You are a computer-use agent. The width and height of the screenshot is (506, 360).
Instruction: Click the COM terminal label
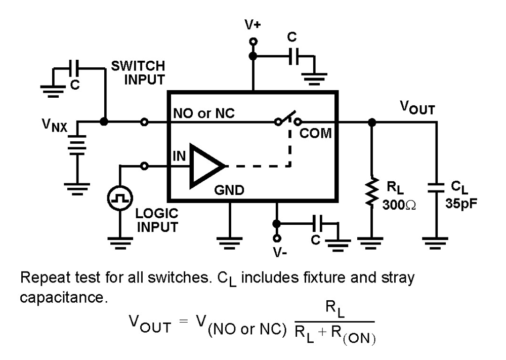pos(315,134)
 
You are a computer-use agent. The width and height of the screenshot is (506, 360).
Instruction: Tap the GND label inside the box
pos(230,190)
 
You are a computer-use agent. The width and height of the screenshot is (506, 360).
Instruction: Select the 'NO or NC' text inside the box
pos(204,113)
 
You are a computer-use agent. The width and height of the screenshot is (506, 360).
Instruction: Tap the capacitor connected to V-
pos(319,222)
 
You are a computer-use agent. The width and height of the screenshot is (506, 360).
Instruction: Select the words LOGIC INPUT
pos(157,221)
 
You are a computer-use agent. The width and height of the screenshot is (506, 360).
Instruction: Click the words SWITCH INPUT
pos(138,72)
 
